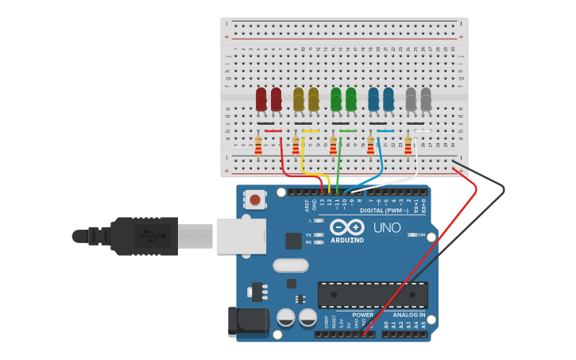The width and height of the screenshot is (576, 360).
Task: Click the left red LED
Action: (261, 99)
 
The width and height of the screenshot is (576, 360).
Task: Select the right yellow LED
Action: (314, 99)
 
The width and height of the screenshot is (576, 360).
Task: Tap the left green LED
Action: (336, 99)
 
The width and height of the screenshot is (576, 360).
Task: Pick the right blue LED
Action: (389, 99)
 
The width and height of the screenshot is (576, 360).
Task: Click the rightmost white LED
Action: (426, 99)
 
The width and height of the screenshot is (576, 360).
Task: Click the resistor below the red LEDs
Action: (258, 145)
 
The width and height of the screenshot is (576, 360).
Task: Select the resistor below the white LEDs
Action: (408, 145)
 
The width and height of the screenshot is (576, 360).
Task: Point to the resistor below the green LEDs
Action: (333, 145)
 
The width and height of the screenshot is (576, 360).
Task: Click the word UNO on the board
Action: (387, 228)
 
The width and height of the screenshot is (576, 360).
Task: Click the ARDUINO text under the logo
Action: (347, 240)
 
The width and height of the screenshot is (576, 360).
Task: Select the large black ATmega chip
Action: (373, 295)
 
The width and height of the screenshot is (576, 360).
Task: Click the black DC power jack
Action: (247, 320)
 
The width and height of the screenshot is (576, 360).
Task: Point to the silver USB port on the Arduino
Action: (241, 236)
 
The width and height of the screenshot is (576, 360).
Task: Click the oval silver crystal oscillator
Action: (290, 265)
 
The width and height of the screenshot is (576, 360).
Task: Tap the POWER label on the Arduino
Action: (362, 315)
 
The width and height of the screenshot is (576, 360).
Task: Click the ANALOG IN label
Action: (409, 315)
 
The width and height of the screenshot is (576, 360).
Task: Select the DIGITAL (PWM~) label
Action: (384, 211)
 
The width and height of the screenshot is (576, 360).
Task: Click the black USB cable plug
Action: (143, 236)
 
